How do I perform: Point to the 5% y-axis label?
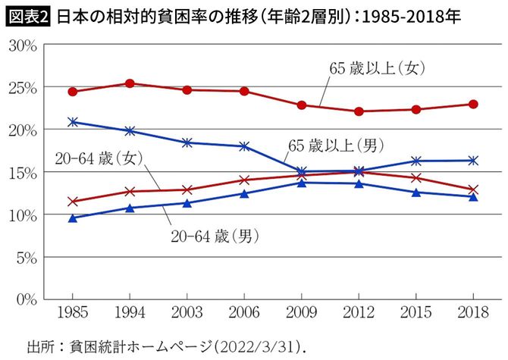(26, 258)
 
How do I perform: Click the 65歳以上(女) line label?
(376, 68)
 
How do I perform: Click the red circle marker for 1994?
(130, 83)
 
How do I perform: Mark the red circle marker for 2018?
(473, 104)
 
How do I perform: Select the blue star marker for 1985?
(73, 121)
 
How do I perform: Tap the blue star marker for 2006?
(244, 146)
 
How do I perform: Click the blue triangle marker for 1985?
(73, 218)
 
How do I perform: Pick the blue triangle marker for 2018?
(473, 196)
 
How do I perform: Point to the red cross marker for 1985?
(73, 202)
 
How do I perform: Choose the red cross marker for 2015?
(416, 178)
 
